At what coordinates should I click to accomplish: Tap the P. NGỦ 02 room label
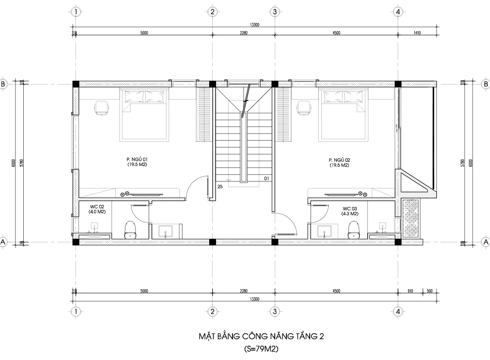tap(339, 162)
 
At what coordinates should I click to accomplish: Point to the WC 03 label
tap(349, 211)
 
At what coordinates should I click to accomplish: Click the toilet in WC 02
tap(130, 229)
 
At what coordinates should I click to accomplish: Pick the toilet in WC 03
tap(354, 229)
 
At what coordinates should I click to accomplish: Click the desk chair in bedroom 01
tap(102, 107)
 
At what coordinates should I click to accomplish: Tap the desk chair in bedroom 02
tap(304, 107)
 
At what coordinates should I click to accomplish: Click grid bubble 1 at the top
tap(76, 12)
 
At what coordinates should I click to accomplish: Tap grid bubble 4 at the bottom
tap(398, 311)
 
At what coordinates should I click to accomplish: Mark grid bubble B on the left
tap(3, 84)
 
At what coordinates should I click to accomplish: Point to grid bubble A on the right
tap(486, 242)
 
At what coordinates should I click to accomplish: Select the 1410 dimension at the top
tap(417, 33)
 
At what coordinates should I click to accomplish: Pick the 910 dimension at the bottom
tap(410, 291)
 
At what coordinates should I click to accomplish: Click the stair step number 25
tap(220, 187)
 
